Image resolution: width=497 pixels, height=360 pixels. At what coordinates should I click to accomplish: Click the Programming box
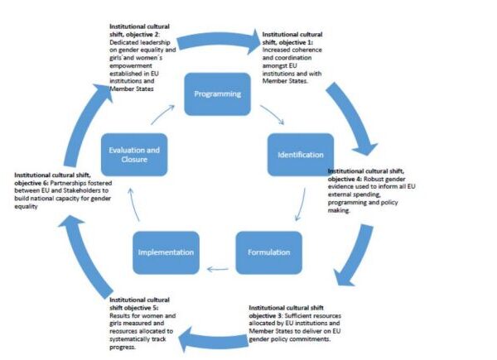pos(217,94)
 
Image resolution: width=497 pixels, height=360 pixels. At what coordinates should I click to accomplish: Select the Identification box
pos(301,155)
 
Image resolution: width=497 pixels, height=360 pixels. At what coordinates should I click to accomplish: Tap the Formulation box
pos(268,252)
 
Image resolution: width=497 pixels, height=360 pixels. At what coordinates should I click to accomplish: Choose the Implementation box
pos(166,252)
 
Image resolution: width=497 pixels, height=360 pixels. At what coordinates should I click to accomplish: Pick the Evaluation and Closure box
pos(134,155)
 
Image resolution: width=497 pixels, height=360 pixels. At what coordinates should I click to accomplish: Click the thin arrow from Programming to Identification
pos(273,114)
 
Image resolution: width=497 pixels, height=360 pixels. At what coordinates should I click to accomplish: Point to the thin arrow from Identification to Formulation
pos(302,204)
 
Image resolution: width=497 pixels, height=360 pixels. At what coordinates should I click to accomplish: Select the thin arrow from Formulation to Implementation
pos(218,270)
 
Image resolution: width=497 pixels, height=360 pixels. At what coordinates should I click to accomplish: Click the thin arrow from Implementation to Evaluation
pos(133,204)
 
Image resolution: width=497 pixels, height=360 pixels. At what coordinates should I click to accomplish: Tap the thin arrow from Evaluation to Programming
pos(162,114)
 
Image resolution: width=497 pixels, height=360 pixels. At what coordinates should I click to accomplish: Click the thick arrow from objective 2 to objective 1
pos(219,41)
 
